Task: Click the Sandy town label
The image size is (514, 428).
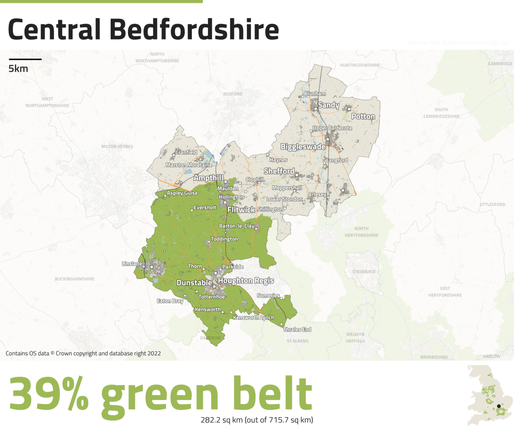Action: [328, 105]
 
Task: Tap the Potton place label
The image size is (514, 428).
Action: [363, 116]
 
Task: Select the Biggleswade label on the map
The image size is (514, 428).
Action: [303, 147]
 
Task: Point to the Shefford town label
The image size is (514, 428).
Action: [279, 171]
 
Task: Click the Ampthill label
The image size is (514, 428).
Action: [208, 178]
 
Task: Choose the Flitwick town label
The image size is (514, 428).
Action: [241, 210]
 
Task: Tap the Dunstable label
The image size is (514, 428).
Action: [194, 283]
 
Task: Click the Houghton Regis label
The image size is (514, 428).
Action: [246, 281]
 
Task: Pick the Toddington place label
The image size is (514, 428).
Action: [224, 239]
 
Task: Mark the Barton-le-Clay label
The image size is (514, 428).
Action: [237, 226]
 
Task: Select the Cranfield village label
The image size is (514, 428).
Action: [186, 152]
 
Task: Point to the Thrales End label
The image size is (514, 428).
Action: [297, 329]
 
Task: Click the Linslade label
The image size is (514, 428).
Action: [132, 264]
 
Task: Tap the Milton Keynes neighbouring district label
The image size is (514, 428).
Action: [117, 147]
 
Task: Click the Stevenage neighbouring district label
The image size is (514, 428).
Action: [364, 272]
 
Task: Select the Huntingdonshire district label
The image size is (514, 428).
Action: [360, 65]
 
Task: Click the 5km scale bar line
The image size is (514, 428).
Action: [25, 59]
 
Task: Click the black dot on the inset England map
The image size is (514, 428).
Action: [499, 406]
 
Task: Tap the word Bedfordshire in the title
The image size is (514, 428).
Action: [194, 30]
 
